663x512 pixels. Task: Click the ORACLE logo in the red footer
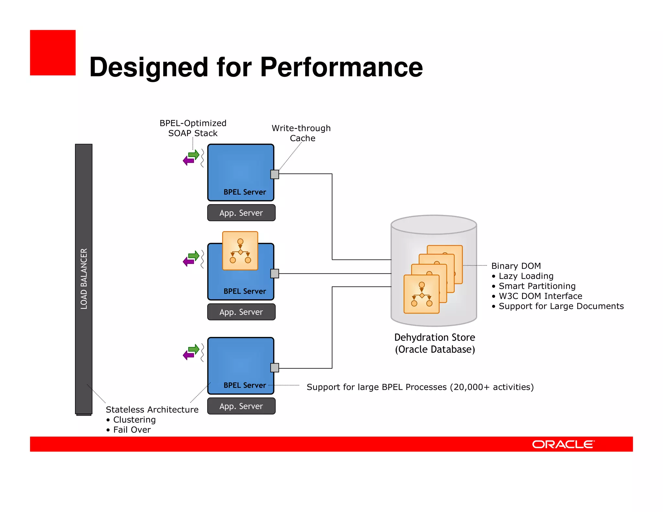click(563, 444)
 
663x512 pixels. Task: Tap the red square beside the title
click(53, 53)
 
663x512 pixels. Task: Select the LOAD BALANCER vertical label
click(84, 279)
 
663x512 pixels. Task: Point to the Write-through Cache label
click(301, 133)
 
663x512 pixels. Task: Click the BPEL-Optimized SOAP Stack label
click(193, 128)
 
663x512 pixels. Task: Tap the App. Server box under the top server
click(241, 213)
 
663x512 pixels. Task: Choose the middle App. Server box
click(241, 312)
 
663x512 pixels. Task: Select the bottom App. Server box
click(241, 406)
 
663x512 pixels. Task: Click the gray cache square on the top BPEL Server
click(275, 174)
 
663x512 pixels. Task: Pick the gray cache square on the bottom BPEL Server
click(275, 368)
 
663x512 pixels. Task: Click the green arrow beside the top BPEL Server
click(194, 154)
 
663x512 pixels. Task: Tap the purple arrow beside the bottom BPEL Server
click(188, 355)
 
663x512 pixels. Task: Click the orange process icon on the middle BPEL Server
click(240, 251)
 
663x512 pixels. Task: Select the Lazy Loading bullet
click(526, 276)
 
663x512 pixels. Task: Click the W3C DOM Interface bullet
click(540, 296)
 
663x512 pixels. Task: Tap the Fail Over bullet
click(132, 430)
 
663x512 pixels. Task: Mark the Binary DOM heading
click(516, 266)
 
